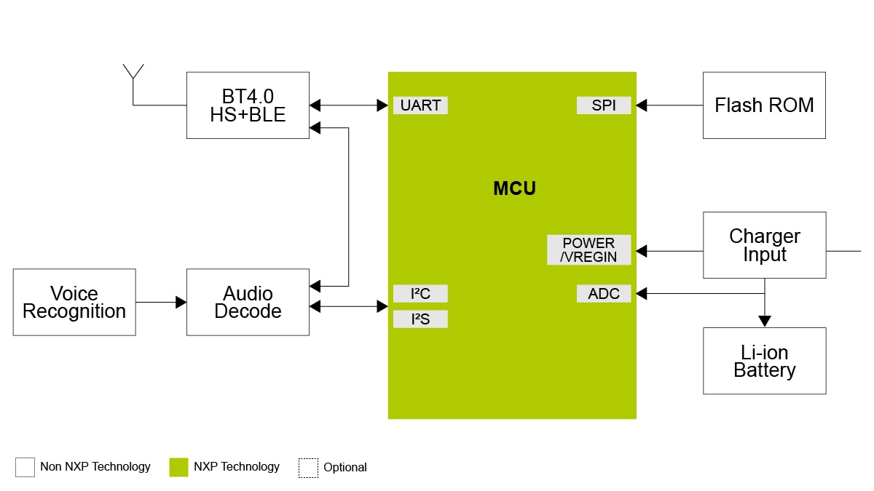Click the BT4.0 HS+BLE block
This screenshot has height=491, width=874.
click(248, 105)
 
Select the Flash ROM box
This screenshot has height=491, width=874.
click(764, 105)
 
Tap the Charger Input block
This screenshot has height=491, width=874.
click(764, 245)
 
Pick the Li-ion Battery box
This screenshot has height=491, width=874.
click(764, 361)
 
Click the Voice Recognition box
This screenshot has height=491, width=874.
click(74, 302)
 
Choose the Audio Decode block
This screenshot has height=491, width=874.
click(248, 302)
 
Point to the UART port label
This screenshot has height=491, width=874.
click(420, 105)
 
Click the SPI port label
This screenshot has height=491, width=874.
click(604, 105)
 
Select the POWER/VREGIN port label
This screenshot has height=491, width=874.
click(588, 250)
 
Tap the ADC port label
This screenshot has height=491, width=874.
click(604, 294)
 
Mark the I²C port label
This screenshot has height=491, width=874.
click(420, 294)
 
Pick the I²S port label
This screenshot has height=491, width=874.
click(420, 319)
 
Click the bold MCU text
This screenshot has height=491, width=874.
click(514, 188)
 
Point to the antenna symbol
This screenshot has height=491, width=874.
click(133, 73)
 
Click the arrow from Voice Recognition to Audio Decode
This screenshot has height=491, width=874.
click(161, 302)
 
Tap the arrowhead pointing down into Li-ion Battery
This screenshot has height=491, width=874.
click(764, 321)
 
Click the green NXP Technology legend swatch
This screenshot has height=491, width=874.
click(178, 467)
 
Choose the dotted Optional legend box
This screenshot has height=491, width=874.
click(308, 468)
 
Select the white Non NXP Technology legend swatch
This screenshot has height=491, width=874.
click(25, 467)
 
